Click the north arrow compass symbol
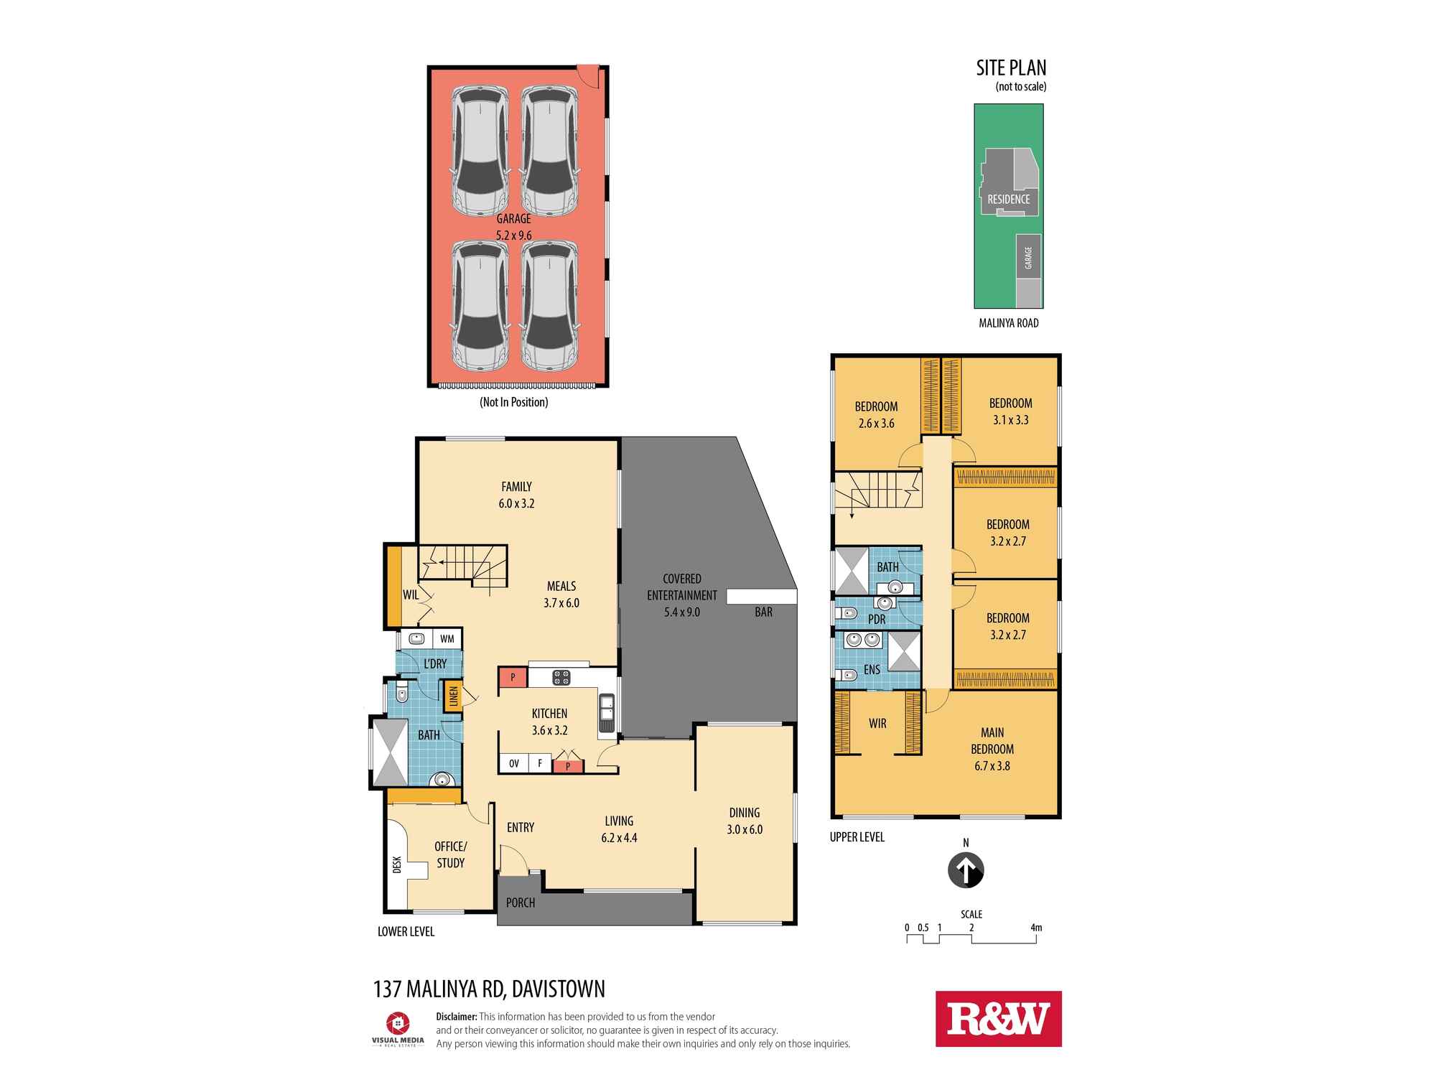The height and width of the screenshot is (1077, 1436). pos(966,870)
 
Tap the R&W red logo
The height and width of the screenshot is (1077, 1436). pos(998,1019)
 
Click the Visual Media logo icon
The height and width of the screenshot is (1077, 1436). pos(397,1022)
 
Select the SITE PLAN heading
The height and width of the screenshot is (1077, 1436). pos(1011,68)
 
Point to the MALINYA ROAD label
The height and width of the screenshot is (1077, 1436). pos(1008,323)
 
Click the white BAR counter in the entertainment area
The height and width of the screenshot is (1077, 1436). pos(762,597)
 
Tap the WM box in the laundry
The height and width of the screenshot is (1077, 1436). pos(447,638)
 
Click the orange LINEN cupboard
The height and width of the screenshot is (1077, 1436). pos(453,696)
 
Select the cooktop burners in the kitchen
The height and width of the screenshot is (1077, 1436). pos(561,677)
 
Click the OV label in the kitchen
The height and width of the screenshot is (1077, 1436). pos(514,763)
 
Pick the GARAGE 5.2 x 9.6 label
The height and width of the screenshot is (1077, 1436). pos(514,227)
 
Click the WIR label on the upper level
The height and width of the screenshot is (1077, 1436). pos(877,724)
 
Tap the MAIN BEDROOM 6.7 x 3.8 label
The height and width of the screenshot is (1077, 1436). pos(992,749)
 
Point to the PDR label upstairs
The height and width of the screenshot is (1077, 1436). pos(877,619)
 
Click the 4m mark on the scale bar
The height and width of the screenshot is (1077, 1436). pos(1035,928)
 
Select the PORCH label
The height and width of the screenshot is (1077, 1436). pos(521,903)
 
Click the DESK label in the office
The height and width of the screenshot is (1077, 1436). pos(397,864)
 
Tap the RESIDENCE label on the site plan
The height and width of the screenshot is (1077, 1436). pos(1008,200)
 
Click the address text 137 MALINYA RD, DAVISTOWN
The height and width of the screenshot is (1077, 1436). pos(489,989)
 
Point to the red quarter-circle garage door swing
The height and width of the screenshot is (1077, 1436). pos(589,75)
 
